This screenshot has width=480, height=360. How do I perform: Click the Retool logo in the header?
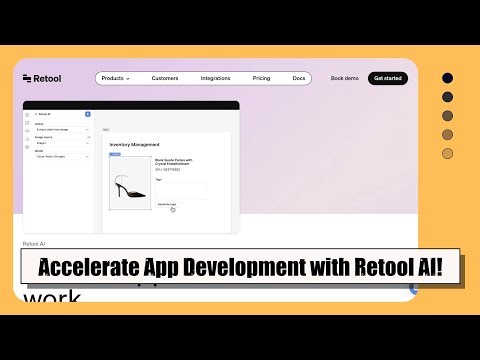41,78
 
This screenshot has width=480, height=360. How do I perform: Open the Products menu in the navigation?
115,78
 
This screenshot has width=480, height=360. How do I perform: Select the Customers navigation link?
165,78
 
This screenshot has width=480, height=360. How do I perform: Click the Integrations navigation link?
215,78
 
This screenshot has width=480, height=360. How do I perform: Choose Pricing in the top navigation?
261,78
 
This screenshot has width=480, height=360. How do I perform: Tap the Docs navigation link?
298,78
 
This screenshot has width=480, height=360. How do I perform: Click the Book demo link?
344,78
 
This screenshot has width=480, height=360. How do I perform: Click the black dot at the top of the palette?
447,78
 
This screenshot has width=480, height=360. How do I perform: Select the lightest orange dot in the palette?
447,153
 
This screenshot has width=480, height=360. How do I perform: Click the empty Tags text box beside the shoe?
180,190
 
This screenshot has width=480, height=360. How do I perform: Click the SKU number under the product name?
167,169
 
